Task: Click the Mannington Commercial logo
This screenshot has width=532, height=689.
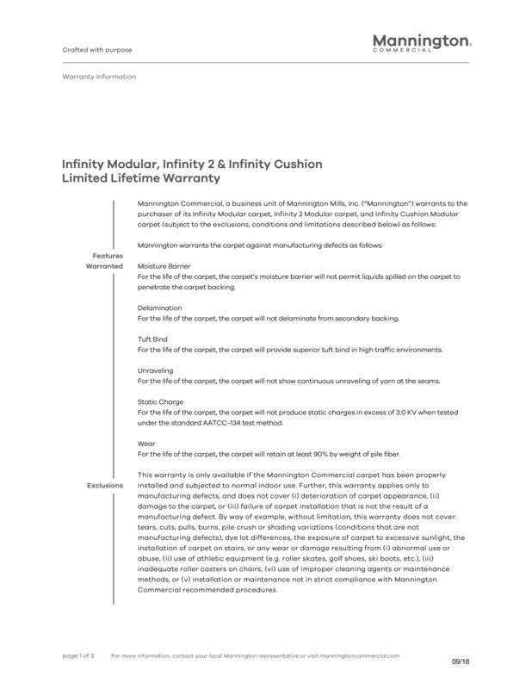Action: (421, 43)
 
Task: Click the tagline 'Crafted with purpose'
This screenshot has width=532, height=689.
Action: (97, 49)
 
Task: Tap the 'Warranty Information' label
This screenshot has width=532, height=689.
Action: (99, 77)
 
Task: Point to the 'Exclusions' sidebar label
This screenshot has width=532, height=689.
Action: (105, 486)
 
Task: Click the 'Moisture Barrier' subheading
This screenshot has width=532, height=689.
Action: (164, 266)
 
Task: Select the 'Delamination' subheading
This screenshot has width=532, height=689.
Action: (159, 307)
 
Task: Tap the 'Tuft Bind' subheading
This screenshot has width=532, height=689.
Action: (153, 339)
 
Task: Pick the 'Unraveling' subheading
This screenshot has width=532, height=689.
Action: (156, 370)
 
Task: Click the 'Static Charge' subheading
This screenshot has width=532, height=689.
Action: (160, 402)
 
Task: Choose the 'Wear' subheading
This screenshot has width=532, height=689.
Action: (146, 444)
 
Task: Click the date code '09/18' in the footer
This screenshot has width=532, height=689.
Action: (461, 661)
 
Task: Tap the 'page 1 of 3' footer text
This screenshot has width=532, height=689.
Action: (78, 655)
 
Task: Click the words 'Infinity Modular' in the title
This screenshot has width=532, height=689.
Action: (102, 163)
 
